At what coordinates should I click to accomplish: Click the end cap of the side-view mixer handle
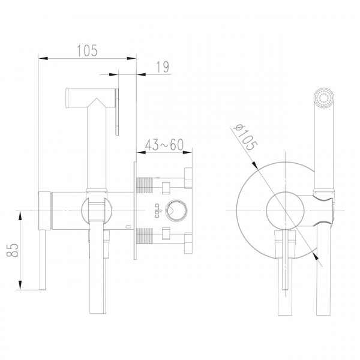pos(43,211)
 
